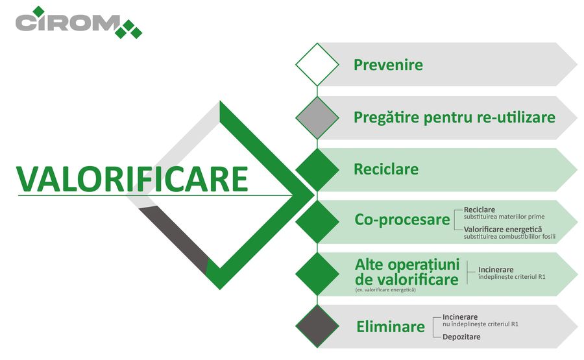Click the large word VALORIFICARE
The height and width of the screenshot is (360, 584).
click(x=132, y=179)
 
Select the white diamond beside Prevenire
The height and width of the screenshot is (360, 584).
click(x=317, y=64)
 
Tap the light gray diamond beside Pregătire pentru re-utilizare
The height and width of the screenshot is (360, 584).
click(x=317, y=117)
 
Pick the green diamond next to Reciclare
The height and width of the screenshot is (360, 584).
click(x=317, y=169)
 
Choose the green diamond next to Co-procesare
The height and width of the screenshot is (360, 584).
click(x=317, y=221)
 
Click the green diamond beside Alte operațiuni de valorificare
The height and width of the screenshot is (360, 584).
click(x=317, y=274)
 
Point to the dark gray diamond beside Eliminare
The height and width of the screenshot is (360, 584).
click(x=317, y=326)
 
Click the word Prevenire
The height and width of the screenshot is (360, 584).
click(x=388, y=65)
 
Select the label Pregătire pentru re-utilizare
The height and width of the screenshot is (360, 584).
click(x=454, y=117)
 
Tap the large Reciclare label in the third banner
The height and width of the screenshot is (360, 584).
click(x=386, y=169)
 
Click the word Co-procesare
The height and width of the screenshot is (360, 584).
click(x=402, y=220)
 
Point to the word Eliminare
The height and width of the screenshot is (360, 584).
click(x=391, y=327)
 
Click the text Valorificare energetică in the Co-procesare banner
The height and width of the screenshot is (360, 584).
click(x=503, y=230)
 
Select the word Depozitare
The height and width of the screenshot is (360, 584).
click(x=461, y=337)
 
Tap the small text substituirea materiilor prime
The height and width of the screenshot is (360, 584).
click(x=504, y=217)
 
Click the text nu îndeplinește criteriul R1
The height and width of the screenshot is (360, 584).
click(x=480, y=324)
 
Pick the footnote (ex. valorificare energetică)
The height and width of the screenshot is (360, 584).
click(x=385, y=290)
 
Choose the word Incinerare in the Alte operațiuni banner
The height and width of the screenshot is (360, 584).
click(x=496, y=270)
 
